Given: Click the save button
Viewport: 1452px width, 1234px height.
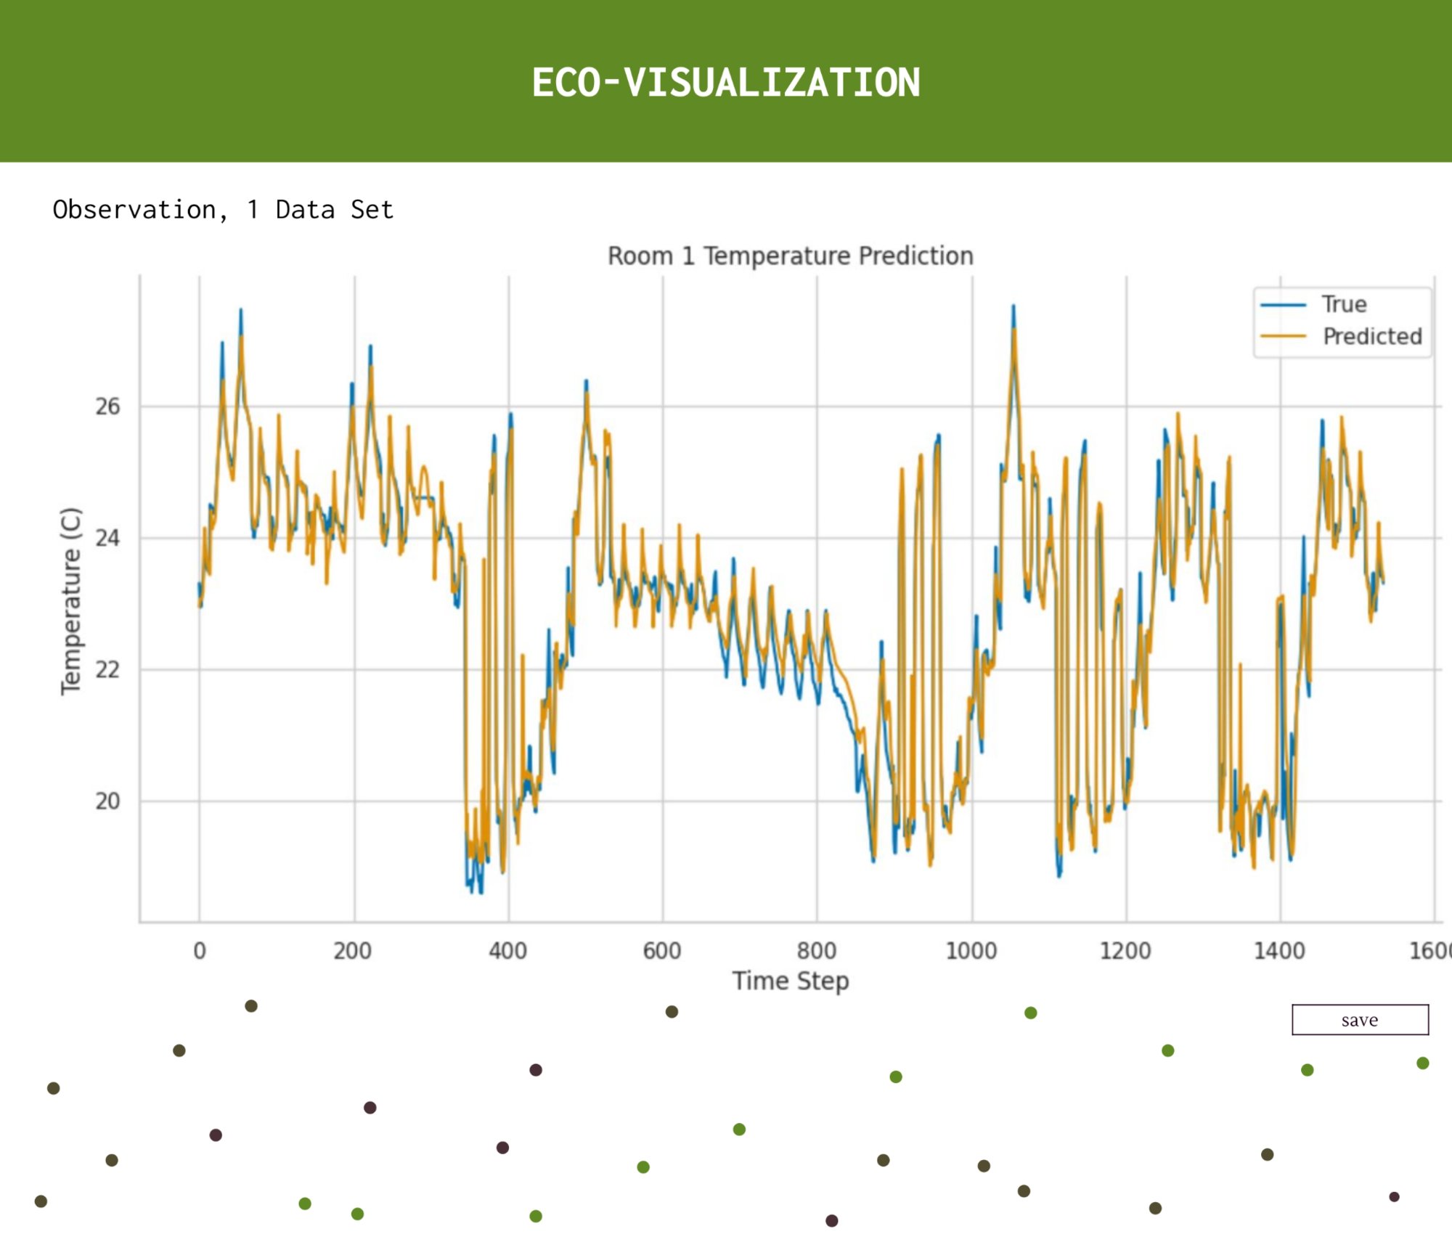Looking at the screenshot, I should coord(1360,1020).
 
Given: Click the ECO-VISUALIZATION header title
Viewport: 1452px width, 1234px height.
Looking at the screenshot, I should coord(725,82).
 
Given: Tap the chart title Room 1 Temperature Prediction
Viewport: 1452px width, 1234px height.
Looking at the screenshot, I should coord(790,256).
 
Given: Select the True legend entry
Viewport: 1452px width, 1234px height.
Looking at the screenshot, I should coord(1343,304).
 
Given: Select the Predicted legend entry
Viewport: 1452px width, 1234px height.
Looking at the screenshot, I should coord(1371,336).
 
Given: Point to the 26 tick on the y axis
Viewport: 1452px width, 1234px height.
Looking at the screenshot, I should coord(107,406).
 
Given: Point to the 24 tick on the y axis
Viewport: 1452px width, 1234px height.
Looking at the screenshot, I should coord(107,538).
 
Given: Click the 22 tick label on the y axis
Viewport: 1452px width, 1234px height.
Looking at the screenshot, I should coord(107,669).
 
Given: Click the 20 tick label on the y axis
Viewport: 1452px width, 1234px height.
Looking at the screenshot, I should coord(107,801).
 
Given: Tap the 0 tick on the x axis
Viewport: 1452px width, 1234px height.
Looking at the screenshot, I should coord(200,950).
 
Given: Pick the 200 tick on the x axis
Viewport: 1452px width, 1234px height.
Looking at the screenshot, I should coord(353,950).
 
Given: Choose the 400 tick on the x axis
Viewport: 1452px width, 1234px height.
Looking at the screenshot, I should coord(507,950).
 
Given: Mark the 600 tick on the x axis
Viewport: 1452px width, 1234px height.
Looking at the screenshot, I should coord(661,950).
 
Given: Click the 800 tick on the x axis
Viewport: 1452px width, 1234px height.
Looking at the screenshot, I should coord(816,950).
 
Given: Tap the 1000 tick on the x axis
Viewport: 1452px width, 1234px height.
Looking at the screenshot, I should coord(971,950).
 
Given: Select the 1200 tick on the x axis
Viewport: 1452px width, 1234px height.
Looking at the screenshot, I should coord(1125,950).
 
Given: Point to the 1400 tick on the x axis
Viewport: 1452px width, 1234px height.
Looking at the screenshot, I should coord(1279,950).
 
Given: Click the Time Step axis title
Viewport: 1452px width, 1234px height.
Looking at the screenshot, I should coord(790,981).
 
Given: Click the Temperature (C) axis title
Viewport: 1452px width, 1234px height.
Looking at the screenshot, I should coord(70,601).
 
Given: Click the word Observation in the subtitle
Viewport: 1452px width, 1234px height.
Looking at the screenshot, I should coord(134,210).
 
